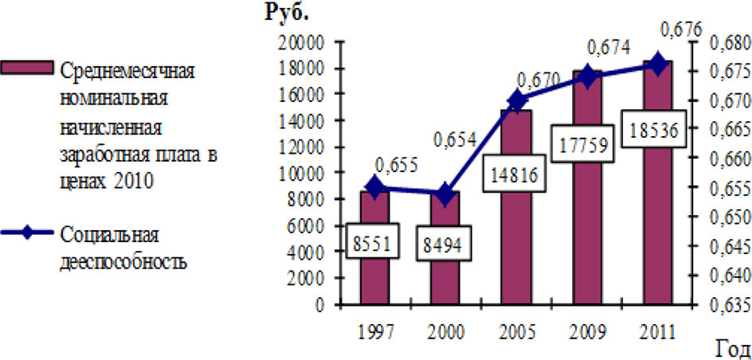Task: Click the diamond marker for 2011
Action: point(658,64)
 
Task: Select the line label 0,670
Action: point(540,80)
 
